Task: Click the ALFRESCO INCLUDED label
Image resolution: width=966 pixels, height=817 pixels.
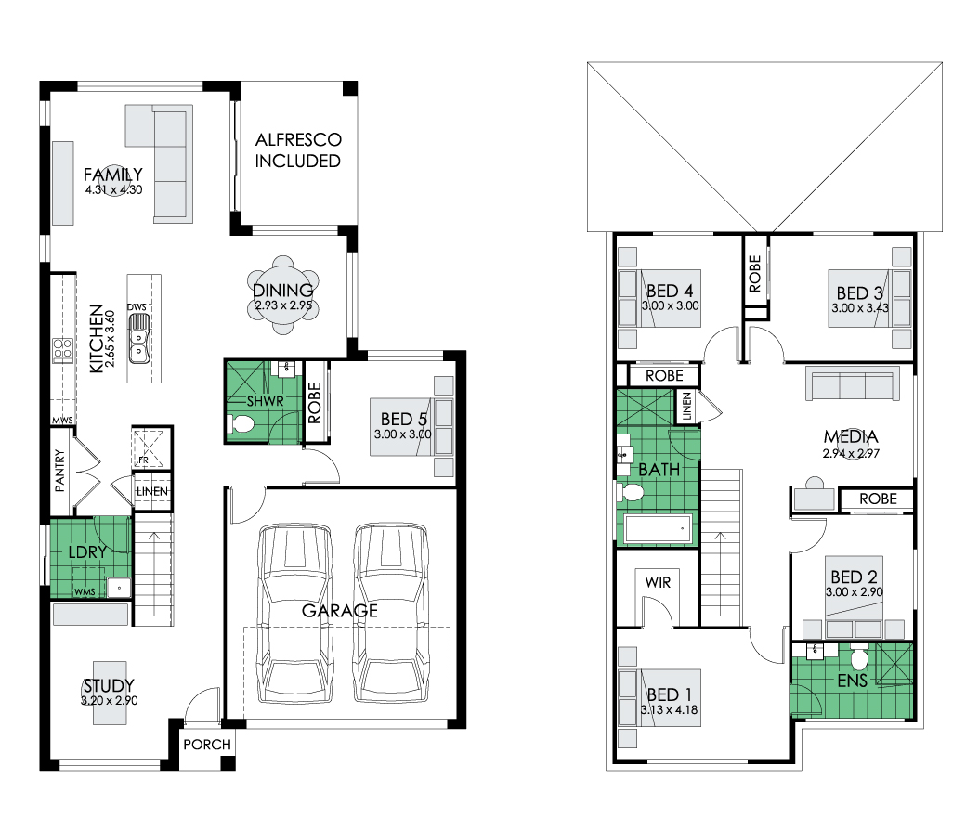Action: [x=298, y=150]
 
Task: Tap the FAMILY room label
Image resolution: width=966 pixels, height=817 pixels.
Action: [x=113, y=175]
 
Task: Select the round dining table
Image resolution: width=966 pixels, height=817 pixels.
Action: [x=282, y=295]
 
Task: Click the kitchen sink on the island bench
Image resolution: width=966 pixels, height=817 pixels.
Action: [x=139, y=338]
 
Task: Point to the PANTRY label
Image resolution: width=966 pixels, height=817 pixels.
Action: [x=59, y=471]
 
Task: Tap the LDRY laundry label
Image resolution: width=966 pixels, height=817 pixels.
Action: [x=87, y=552]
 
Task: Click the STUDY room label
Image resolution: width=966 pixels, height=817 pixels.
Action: [x=109, y=686]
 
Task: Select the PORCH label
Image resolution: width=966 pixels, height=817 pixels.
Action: [x=207, y=745]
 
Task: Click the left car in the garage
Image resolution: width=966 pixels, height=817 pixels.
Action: [x=294, y=613]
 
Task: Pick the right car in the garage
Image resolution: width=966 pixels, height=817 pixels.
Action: [x=391, y=613]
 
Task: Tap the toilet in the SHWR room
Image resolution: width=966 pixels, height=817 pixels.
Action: [x=241, y=423]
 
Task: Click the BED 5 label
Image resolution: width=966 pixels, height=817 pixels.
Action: [x=403, y=420]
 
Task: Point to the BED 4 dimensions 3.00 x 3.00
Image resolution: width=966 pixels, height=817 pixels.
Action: [x=671, y=305]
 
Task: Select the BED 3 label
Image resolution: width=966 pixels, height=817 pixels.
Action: [x=859, y=293]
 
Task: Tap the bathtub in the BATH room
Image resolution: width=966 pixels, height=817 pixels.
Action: [x=658, y=529]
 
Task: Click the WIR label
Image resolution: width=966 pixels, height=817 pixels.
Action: [x=658, y=582]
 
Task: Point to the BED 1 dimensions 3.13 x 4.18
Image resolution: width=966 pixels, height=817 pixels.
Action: [x=669, y=710]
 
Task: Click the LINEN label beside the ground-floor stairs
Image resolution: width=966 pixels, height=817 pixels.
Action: [x=151, y=491]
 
